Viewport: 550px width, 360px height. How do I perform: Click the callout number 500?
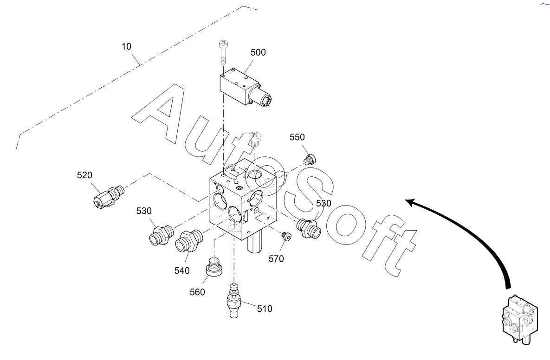(x=258, y=52)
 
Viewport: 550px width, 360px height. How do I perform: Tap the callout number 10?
(x=126, y=46)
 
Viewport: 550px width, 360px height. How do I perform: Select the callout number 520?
(x=84, y=175)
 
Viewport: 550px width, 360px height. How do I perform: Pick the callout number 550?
(x=297, y=137)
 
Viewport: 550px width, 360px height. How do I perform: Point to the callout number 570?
(x=276, y=259)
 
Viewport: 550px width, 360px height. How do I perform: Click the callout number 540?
(x=182, y=270)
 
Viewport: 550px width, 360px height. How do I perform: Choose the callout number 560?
(x=197, y=292)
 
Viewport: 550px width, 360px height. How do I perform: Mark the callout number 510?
(x=265, y=309)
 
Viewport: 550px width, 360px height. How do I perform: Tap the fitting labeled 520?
(x=109, y=197)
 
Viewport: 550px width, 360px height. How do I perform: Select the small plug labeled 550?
(x=310, y=159)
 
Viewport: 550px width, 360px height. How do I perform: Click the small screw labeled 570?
(x=286, y=237)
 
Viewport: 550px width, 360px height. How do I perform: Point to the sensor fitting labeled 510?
(x=233, y=301)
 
